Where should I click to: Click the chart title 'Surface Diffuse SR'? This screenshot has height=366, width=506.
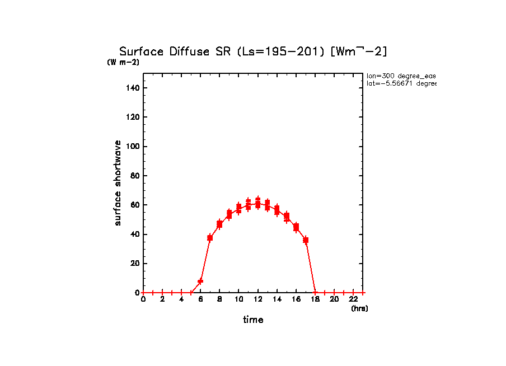[x=176, y=51]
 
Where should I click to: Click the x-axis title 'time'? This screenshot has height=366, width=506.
[x=253, y=320]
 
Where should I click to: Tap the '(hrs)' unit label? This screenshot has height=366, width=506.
[x=359, y=308]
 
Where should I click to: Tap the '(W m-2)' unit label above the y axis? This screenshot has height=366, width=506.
[x=123, y=62]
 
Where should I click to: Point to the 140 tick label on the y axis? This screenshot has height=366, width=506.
[x=133, y=88]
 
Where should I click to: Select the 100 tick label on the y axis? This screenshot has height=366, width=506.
[x=133, y=147]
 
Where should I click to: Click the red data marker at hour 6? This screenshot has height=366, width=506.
[x=200, y=281]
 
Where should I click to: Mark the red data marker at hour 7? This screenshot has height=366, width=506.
[x=210, y=238]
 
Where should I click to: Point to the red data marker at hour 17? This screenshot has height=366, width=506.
[x=306, y=240]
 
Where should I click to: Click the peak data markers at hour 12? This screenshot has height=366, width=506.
[x=257, y=203]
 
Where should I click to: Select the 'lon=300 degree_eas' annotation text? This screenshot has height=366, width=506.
[x=401, y=76]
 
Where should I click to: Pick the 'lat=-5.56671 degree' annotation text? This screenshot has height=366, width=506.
[x=401, y=83]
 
